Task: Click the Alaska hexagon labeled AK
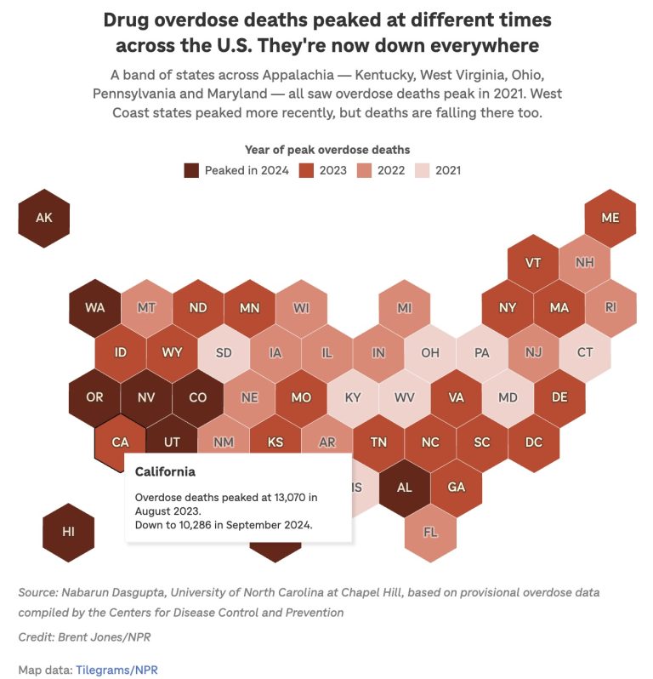click(x=44, y=218)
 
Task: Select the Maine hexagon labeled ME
click(x=610, y=218)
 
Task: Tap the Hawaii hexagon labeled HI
click(x=68, y=532)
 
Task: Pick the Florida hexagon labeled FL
click(x=430, y=532)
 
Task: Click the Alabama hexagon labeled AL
click(x=405, y=487)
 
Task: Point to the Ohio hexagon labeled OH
click(x=430, y=352)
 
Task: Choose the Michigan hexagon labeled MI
click(x=405, y=307)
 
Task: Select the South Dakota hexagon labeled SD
click(x=224, y=352)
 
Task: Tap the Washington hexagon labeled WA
click(x=94, y=307)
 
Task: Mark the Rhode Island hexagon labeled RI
click(x=610, y=307)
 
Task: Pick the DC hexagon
click(x=533, y=442)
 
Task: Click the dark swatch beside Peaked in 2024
click(x=191, y=170)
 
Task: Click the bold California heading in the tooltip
click(x=165, y=471)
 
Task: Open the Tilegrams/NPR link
click(x=116, y=670)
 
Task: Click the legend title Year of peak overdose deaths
click(x=326, y=150)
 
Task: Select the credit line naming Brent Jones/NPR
click(x=87, y=637)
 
